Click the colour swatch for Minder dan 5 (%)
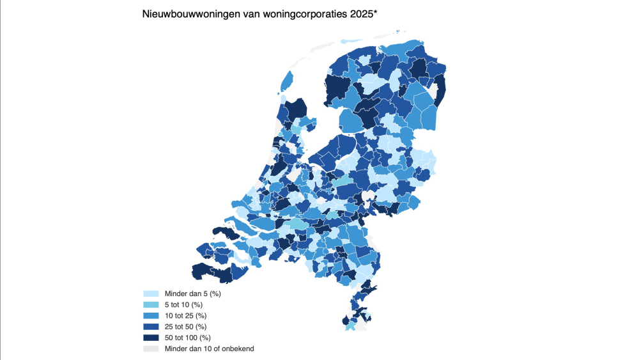150,293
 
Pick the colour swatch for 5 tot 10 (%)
150,304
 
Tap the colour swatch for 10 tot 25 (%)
150,315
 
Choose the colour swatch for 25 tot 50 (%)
150,326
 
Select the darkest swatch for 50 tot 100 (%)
150,337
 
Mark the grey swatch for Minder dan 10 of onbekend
150,348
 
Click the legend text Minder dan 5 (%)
192,293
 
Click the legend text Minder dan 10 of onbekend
209,348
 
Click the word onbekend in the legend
239,348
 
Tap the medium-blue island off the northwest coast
287,82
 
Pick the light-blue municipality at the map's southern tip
351,326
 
